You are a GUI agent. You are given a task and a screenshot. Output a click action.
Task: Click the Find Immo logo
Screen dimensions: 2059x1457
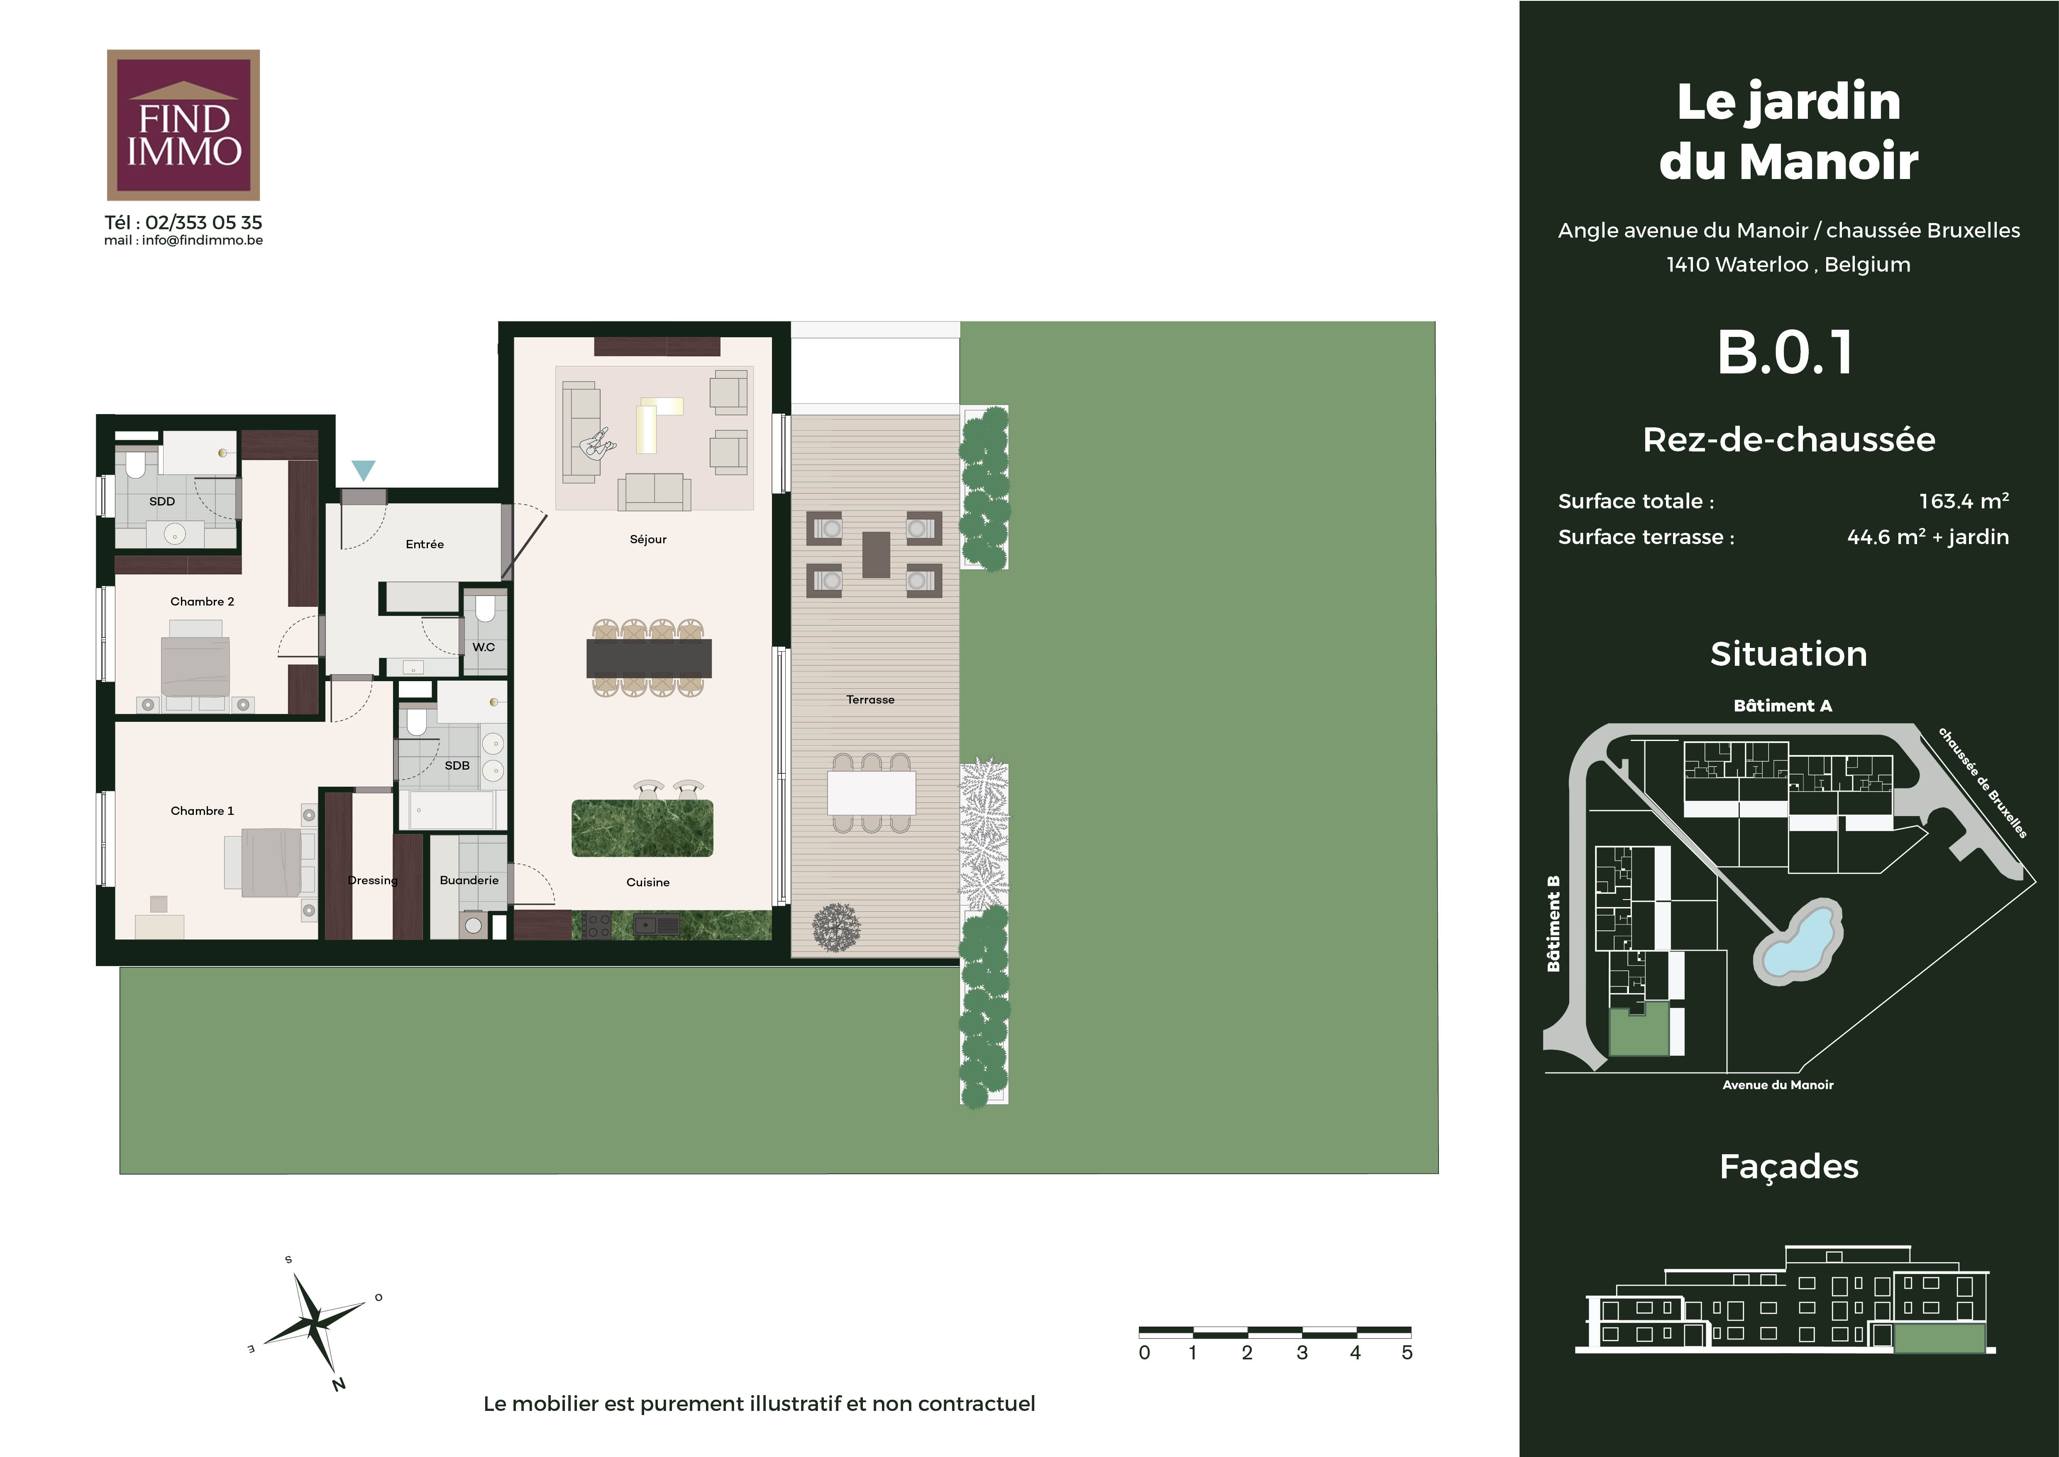tap(183, 125)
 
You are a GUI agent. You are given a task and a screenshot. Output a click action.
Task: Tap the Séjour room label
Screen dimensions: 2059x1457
tap(648, 539)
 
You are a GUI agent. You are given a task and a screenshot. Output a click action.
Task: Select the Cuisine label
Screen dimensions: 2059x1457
tap(647, 882)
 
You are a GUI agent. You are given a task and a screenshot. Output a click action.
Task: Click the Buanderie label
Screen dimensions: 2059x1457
tap(469, 880)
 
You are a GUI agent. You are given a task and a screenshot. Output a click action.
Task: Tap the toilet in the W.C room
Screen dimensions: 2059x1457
tap(485, 609)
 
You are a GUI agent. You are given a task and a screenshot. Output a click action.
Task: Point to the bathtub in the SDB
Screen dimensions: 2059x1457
tap(451, 810)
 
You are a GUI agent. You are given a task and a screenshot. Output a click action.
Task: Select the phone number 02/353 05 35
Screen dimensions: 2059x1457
tap(203, 223)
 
